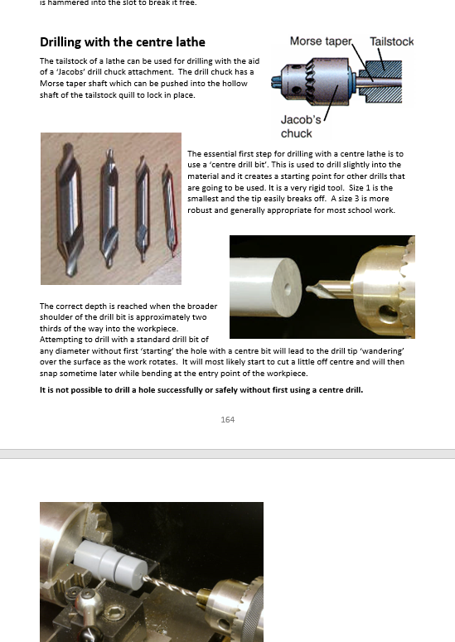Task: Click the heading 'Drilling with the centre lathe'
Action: tap(123, 42)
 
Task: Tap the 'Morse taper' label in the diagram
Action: tap(321, 41)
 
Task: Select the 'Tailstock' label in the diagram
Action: tap(391, 41)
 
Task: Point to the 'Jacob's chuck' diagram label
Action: tap(301, 127)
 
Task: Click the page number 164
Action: tap(227, 419)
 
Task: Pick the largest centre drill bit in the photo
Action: tap(70, 209)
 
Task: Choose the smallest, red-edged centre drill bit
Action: tap(170, 210)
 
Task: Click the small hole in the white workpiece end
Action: tap(288, 289)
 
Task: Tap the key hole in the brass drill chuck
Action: tap(387, 314)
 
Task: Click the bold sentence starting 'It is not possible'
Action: tap(201, 390)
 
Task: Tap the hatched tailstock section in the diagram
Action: tap(380, 81)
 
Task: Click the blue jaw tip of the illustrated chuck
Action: tap(276, 82)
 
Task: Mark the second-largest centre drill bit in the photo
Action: tap(109, 208)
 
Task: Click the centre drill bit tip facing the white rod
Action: tap(311, 288)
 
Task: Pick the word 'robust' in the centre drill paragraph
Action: tap(200, 210)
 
